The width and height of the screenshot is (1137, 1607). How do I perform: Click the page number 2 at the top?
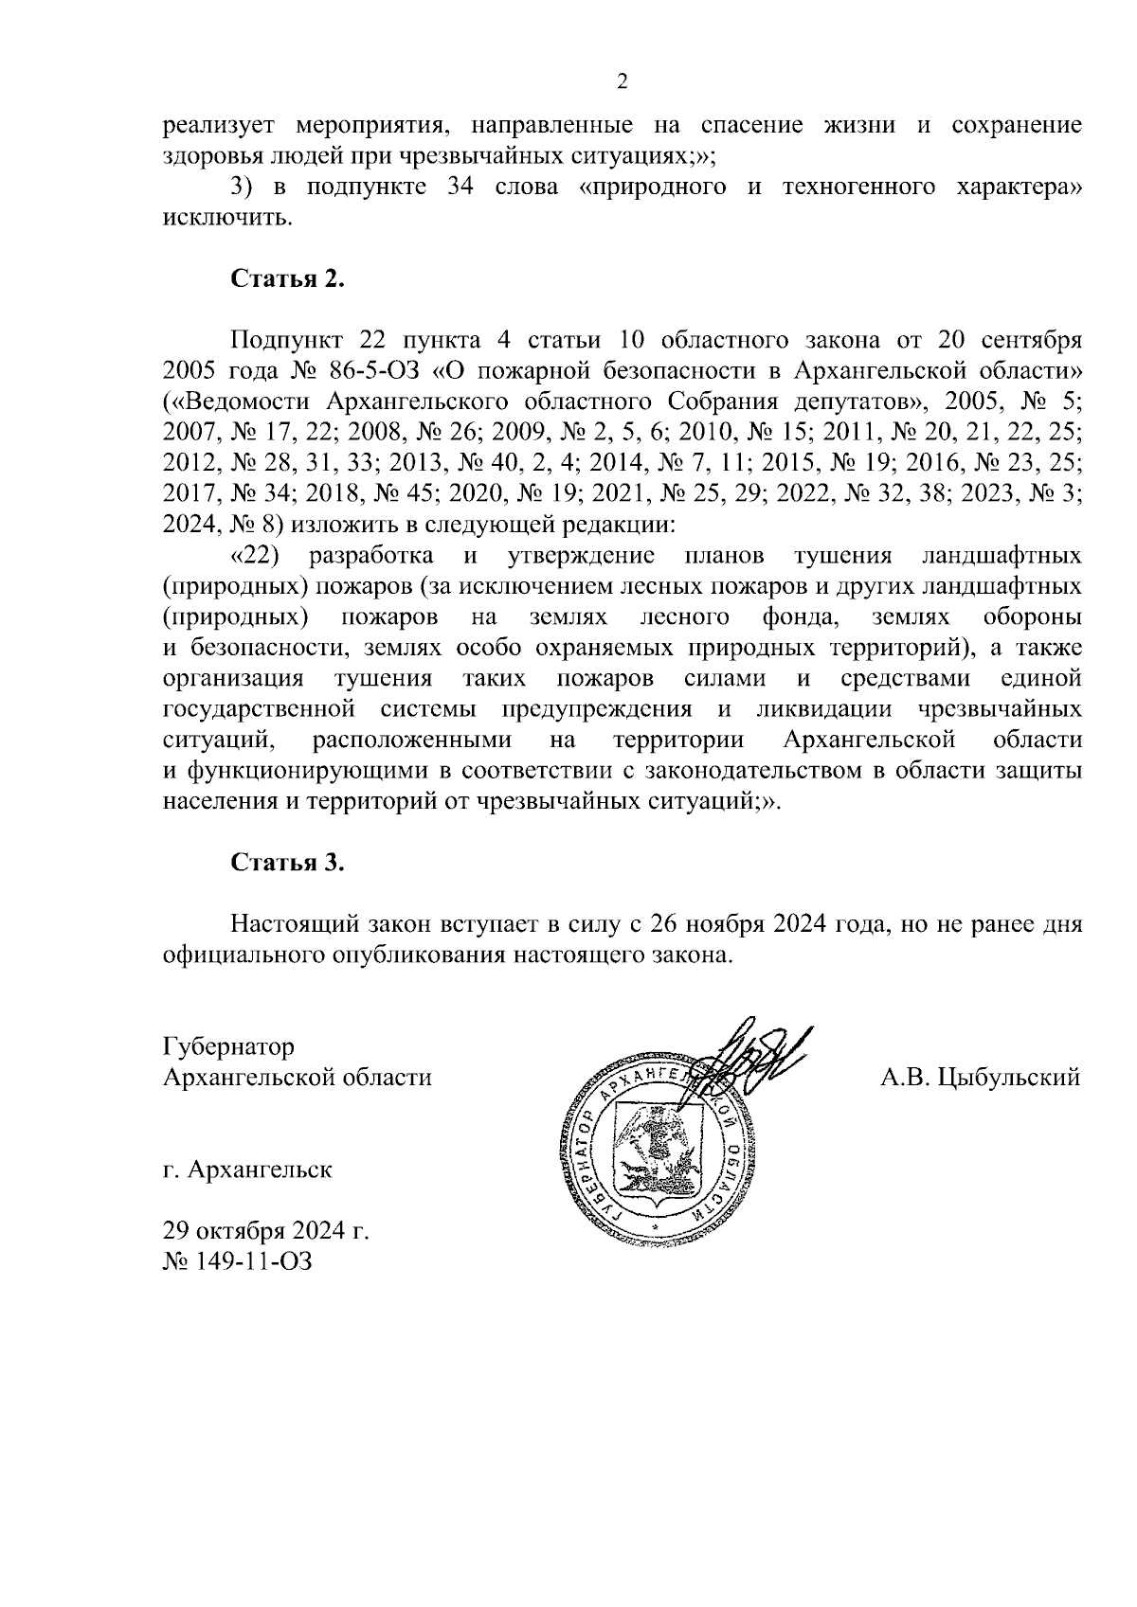623,82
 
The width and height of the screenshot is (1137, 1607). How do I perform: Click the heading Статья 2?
288,280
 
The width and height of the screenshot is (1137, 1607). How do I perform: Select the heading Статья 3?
288,863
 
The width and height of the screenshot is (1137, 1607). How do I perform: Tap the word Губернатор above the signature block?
228,1047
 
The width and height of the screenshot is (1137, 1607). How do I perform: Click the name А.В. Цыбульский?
980,1078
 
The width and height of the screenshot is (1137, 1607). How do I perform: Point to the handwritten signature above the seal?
758,1056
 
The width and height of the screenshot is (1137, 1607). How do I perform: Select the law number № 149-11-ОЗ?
237,1261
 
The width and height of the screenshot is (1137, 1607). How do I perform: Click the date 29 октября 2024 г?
265,1231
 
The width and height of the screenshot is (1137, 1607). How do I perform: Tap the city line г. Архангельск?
247,1170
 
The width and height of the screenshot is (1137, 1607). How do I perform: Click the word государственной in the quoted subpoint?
259,709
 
